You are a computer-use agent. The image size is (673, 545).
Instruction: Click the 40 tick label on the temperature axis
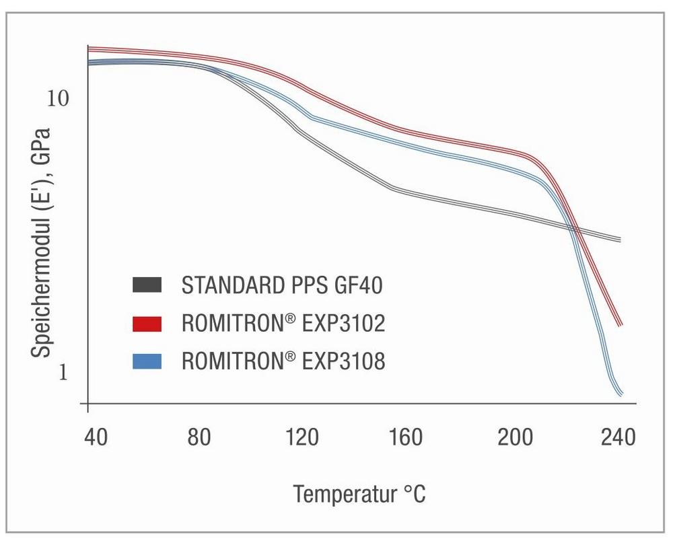pyautogui.click(x=96, y=438)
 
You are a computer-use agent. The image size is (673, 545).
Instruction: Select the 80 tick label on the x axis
pyautogui.click(x=199, y=438)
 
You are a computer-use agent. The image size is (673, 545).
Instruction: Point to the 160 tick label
pyautogui.click(x=406, y=438)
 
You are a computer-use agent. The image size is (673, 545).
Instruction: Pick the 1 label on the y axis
pyautogui.click(x=63, y=372)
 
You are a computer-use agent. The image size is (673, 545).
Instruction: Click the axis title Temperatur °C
pyautogui.click(x=359, y=495)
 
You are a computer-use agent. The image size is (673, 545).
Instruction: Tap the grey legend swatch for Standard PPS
pyautogui.click(x=147, y=285)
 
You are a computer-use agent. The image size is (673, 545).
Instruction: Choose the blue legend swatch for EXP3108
pyautogui.click(x=147, y=361)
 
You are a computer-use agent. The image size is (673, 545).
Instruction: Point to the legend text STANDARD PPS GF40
pyautogui.click(x=282, y=285)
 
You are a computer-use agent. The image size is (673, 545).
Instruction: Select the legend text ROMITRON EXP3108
pyautogui.click(x=283, y=361)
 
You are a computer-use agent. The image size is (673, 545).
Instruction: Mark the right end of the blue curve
pyautogui.click(x=621, y=394)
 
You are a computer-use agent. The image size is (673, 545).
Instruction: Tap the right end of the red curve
pyautogui.click(x=621, y=324)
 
